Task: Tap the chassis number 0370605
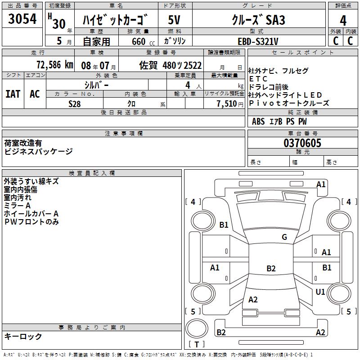[302, 143]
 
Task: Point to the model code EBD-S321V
[258, 41]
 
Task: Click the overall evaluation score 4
[343, 20]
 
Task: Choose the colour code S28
[75, 103]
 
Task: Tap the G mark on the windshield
[284, 237]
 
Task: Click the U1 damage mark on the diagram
[320, 292]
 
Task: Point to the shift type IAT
[13, 94]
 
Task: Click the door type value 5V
[175, 20]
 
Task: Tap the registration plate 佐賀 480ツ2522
[170, 65]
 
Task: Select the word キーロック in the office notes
[23, 336]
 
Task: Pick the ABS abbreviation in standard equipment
[258, 121]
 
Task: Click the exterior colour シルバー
[96, 85]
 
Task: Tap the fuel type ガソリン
[175, 41]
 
